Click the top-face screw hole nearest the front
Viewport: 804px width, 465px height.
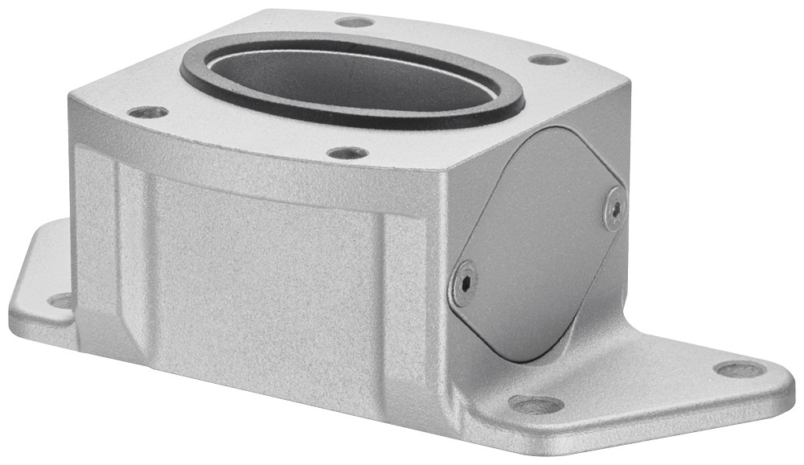click(347, 152)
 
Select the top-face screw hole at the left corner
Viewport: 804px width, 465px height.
click(148, 112)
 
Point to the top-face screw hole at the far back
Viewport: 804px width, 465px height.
click(355, 22)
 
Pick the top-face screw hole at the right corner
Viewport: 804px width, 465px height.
click(549, 59)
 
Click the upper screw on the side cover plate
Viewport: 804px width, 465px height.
click(615, 208)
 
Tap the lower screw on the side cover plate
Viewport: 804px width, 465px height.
click(464, 284)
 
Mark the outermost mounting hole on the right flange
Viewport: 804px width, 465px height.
click(740, 369)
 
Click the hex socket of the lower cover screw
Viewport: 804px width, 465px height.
click(464, 284)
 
